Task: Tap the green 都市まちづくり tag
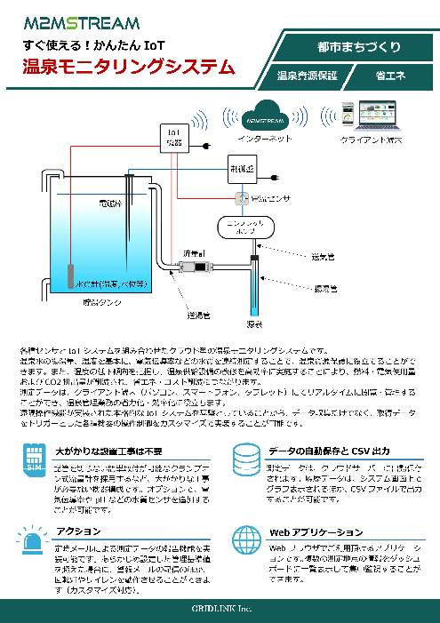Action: point(357,46)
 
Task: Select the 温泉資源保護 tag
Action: point(307,76)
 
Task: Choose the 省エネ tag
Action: point(390,76)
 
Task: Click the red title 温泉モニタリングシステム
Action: point(129,67)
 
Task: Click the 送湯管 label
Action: point(197,314)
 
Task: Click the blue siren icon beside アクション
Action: point(33,539)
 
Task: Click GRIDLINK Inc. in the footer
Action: point(219,608)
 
